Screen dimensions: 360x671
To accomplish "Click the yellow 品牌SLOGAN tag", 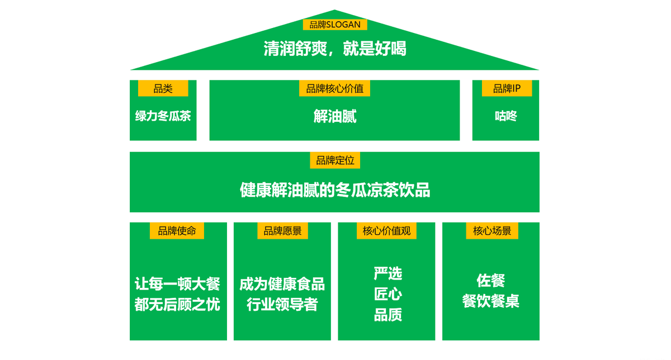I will (x=335, y=25).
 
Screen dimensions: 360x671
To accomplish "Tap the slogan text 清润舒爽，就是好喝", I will (x=335, y=49).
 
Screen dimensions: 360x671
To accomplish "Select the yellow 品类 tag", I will (x=163, y=88).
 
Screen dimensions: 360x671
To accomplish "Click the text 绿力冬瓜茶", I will (x=163, y=116).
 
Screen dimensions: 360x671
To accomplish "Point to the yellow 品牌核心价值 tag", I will (x=334, y=88).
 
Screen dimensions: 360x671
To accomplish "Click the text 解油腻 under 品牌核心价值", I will (x=335, y=116).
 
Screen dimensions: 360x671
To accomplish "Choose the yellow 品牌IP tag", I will (x=507, y=88).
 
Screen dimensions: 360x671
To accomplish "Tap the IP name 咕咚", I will (x=506, y=116).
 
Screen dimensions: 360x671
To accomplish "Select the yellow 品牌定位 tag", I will (x=335, y=160).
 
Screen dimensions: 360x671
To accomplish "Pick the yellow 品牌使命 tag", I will (x=177, y=231).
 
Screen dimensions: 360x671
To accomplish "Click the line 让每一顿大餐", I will (x=178, y=284).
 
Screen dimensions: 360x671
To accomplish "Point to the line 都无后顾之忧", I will (x=178, y=305).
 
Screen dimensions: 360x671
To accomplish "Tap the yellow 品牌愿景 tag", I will (x=282, y=231).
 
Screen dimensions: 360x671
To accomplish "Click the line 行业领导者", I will (x=282, y=305).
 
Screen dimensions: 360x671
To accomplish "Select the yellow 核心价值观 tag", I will (x=386, y=231).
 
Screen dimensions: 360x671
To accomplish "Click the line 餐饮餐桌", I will (x=491, y=301).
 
